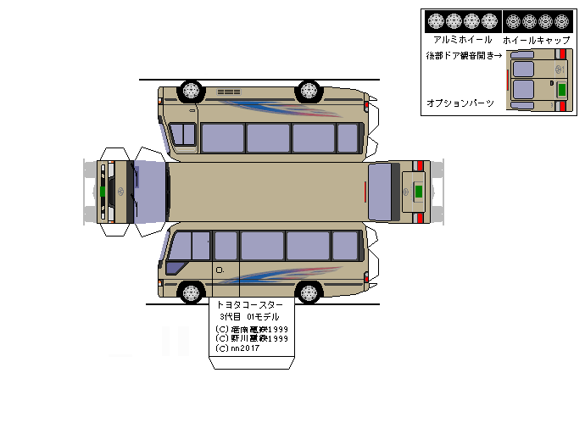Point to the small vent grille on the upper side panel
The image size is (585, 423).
[x=229, y=92]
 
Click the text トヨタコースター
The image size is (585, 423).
[x=250, y=304]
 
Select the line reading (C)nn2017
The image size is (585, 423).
[x=239, y=348]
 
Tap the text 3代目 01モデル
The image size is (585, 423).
[x=249, y=317]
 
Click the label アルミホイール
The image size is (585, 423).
[x=462, y=39]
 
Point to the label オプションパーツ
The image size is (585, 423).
[x=460, y=103]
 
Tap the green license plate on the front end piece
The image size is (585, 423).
[x=103, y=191]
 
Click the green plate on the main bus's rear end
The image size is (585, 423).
[x=417, y=192]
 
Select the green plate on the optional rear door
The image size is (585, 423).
[x=560, y=89]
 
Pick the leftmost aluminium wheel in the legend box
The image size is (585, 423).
[x=436, y=21]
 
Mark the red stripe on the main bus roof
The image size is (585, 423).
[x=365, y=192]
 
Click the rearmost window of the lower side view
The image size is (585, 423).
[x=345, y=246]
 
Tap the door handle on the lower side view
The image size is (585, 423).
[x=220, y=270]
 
